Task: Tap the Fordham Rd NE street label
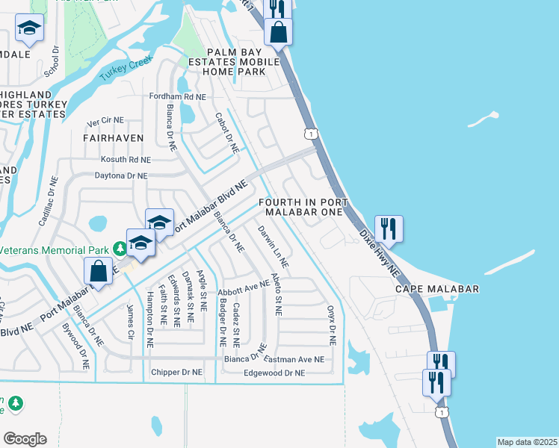(177, 97)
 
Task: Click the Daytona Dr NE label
(120, 175)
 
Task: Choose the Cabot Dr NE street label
(226, 133)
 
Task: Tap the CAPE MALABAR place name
(437, 289)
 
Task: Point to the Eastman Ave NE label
(294, 359)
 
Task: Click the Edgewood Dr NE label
(274, 373)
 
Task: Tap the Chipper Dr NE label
(176, 372)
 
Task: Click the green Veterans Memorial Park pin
(119, 248)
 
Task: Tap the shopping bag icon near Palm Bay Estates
(277, 34)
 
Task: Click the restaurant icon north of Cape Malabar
(389, 228)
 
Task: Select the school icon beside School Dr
(30, 28)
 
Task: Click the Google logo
(25, 438)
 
